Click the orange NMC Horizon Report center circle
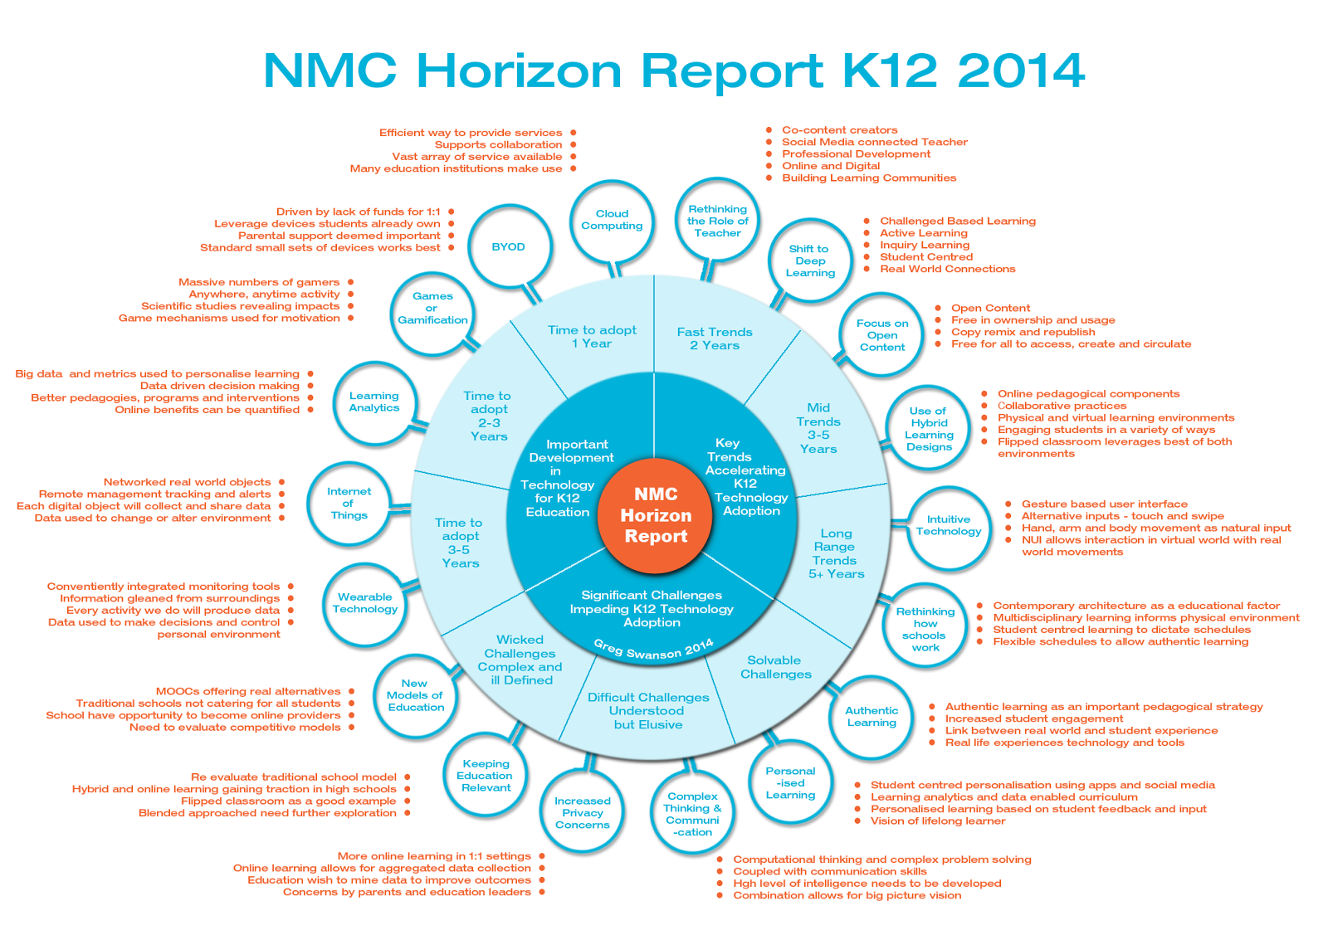[x=656, y=515]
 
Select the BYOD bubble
[x=509, y=247]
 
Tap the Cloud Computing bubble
[x=612, y=220]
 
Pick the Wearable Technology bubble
[x=365, y=603]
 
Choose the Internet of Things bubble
[x=349, y=504]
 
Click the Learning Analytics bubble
[x=374, y=402]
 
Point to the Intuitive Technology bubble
[x=948, y=526]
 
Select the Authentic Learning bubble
[x=871, y=716]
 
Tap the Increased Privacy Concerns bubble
[x=583, y=813]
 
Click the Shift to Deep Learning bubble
[x=810, y=261]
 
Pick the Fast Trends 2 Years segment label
[x=715, y=338]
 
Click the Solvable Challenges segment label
[x=775, y=667]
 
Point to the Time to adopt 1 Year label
[x=592, y=336]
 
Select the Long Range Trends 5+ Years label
[x=836, y=553]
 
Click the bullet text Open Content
[x=990, y=308]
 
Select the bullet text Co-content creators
[x=839, y=130]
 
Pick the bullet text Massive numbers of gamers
[x=259, y=282]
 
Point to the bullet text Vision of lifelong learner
[x=938, y=821]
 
